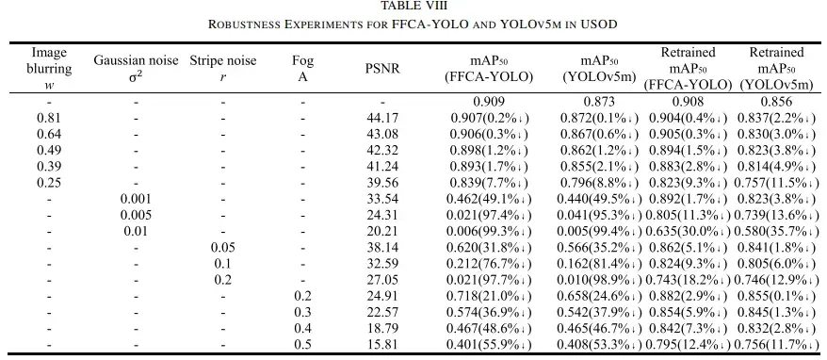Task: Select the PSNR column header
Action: tap(381, 69)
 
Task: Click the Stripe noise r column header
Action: tap(224, 69)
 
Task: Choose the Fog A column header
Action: tap(302, 69)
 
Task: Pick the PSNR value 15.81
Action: tap(381, 345)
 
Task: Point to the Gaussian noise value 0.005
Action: tap(136, 215)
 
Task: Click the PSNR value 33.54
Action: tap(381, 199)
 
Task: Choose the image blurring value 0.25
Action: tap(50, 183)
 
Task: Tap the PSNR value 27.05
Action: tap(381, 280)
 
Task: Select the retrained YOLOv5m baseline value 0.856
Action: tap(776, 102)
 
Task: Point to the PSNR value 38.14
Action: tap(381, 248)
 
